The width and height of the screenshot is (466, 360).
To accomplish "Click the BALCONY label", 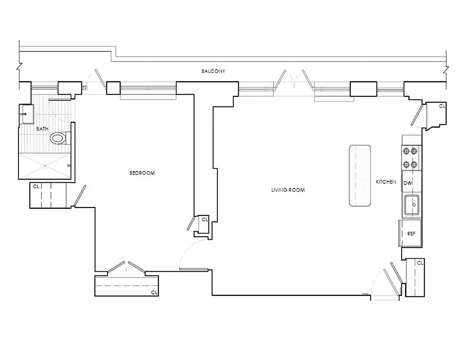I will [x=213, y=71].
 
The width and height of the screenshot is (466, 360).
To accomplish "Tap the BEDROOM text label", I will [x=142, y=173].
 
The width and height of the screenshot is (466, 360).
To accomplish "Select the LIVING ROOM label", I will [x=288, y=190].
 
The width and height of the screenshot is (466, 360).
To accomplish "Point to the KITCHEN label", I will [x=386, y=182].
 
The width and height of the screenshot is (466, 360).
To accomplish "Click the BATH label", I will [x=42, y=129].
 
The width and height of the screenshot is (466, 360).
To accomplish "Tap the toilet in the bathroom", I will [x=58, y=138].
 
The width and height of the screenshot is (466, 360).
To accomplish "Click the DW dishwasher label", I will [x=407, y=183].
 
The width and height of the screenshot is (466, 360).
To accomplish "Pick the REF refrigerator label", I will [x=411, y=234].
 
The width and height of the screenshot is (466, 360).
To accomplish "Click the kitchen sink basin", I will [x=412, y=206].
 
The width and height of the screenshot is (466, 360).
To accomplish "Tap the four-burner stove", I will [x=412, y=157].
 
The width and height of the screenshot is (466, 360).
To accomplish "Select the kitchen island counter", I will [x=360, y=175].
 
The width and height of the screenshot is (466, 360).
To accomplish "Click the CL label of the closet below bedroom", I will [x=154, y=292].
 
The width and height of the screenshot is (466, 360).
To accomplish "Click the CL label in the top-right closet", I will [x=442, y=106].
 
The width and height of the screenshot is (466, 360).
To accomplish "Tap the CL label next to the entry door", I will [x=420, y=262].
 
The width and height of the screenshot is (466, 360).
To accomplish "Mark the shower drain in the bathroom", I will [x=45, y=165].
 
